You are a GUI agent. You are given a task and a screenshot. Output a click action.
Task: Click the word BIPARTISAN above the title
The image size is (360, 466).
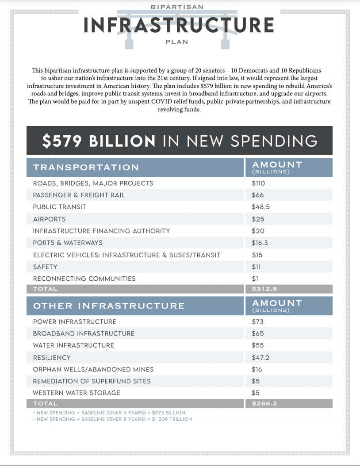click(x=177, y=7)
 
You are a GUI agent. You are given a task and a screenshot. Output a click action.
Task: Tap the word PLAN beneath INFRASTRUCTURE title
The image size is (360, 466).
click(x=177, y=42)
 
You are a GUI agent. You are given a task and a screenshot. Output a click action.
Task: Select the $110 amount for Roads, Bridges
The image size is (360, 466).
click(x=258, y=183)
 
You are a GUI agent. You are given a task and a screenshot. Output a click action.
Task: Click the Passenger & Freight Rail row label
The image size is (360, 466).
click(x=79, y=195)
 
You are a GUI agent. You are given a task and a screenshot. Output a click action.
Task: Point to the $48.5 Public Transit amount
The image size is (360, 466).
click(x=260, y=207)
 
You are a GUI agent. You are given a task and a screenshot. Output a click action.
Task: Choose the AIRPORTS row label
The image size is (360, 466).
click(x=49, y=219)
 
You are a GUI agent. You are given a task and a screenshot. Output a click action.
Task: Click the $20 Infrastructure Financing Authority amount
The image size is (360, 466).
click(x=258, y=231)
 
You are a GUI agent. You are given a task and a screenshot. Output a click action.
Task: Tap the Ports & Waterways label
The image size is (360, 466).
click(x=68, y=243)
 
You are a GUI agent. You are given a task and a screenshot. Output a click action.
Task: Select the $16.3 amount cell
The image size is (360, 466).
click(x=260, y=243)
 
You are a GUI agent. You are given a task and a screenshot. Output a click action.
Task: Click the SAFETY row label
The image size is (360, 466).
click(x=45, y=267)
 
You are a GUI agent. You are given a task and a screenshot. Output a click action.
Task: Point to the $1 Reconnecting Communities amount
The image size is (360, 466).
click(x=255, y=279)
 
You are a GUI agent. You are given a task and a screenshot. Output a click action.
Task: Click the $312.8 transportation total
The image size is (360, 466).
click(x=264, y=289)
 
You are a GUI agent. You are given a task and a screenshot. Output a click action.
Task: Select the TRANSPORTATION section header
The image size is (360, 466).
click(x=86, y=167)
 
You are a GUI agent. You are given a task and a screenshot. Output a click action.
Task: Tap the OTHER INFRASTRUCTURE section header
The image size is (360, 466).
click(x=109, y=306)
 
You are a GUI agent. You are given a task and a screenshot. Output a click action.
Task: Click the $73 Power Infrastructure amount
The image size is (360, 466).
click(x=258, y=321)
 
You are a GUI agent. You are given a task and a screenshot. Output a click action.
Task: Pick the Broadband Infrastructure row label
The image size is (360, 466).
click(x=84, y=333)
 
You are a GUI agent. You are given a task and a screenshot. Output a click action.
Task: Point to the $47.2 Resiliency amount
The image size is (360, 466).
click(x=260, y=358)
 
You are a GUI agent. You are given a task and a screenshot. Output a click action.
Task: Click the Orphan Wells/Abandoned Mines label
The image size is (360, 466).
click(x=93, y=370)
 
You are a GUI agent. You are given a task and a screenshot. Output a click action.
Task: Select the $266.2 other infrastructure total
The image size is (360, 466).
click(x=264, y=404)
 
